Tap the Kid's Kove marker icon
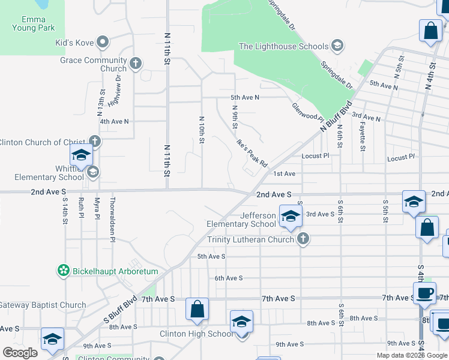[x=103, y=42]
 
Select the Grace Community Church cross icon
[x=136, y=62]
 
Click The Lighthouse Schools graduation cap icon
[x=337, y=46]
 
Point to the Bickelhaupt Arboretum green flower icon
[x=63, y=271]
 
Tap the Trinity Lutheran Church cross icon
[x=303, y=239]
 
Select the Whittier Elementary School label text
[x=49, y=173]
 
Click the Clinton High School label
[x=196, y=334]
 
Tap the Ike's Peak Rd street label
[x=251, y=154]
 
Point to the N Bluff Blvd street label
[x=336, y=118]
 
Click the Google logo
[x=20, y=353]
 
